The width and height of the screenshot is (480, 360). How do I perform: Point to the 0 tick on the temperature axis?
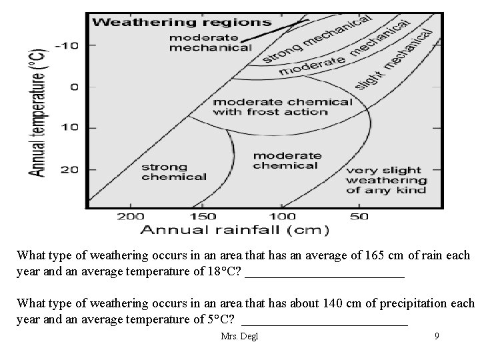click(x=75, y=86)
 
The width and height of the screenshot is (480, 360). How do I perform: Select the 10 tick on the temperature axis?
click(x=69, y=127)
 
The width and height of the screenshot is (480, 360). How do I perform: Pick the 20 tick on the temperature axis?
click(x=69, y=169)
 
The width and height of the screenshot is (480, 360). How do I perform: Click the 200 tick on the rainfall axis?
click(x=131, y=216)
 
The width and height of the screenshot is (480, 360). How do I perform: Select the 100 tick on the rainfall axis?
click(x=283, y=216)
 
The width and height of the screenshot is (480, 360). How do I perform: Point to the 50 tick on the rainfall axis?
click(x=360, y=216)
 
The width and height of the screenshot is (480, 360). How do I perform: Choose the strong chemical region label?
click(x=173, y=172)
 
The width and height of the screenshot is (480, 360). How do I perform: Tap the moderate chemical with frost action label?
click(x=281, y=107)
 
